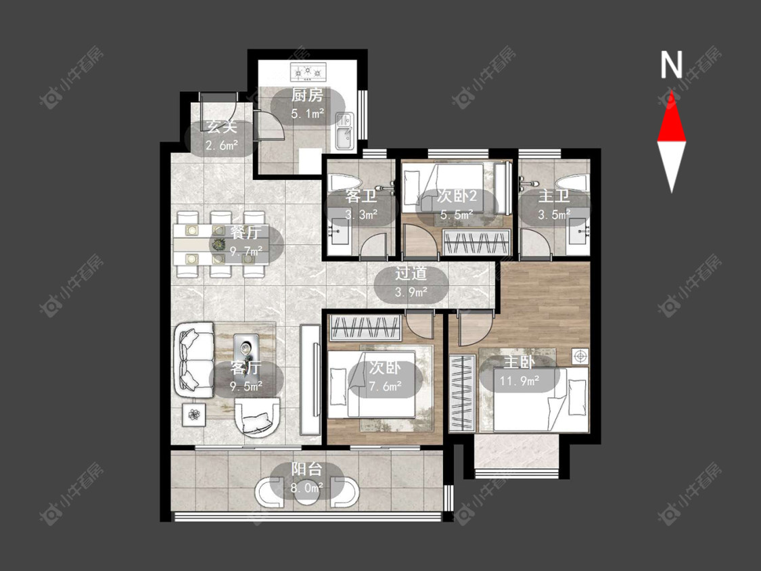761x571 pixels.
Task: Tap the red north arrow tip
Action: (672, 91)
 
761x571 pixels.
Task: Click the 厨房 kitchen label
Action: (307, 95)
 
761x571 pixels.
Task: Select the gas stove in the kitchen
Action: (308, 72)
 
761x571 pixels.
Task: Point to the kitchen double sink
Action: (345, 131)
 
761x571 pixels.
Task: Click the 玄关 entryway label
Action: (222, 127)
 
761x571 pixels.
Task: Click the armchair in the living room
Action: (257, 417)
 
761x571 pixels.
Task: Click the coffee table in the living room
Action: (246, 352)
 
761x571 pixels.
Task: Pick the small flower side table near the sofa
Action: (195, 415)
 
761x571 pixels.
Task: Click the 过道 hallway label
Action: (411, 273)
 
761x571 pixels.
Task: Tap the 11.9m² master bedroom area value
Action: (520, 380)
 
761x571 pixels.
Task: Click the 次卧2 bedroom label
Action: (457, 196)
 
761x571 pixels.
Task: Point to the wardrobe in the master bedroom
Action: (461, 393)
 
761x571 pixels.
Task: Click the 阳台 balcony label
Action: (306, 470)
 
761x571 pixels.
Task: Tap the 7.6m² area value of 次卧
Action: (385, 386)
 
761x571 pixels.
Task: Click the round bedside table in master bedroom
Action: (580, 357)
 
